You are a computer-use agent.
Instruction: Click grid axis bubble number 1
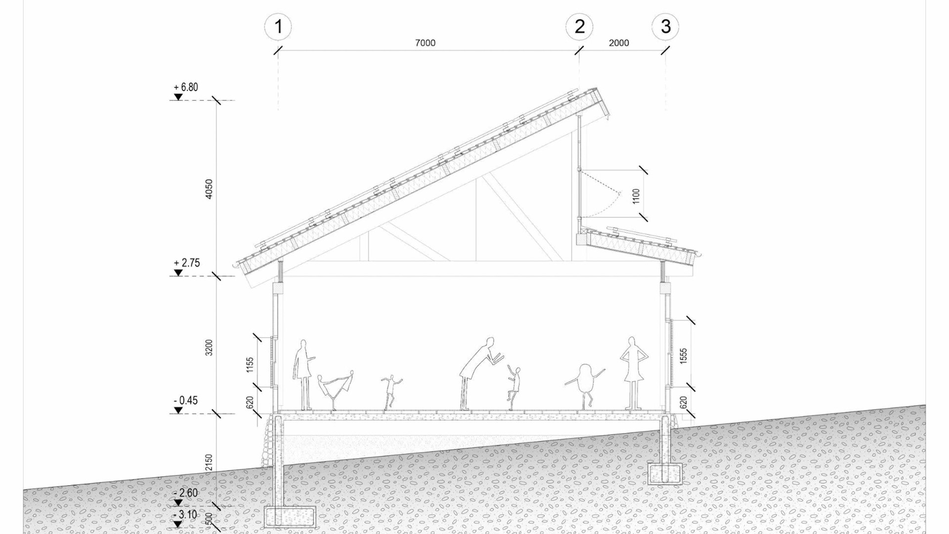pos(278,26)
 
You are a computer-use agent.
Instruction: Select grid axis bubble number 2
pos(579,26)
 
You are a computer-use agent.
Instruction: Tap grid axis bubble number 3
pos(665,26)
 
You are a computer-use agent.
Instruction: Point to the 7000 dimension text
pos(425,43)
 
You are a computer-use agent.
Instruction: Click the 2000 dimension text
pos(619,43)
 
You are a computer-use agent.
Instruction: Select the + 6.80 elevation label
pos(186,88)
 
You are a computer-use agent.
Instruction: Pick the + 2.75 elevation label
pos(187,263)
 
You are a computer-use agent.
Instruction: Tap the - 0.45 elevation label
pos(186,400)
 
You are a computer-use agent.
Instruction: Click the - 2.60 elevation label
pos(186,493)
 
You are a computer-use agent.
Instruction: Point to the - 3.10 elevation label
pos(186,515)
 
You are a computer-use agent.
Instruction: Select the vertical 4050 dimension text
pos(209,189)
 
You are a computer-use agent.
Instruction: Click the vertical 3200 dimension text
pos(209,348)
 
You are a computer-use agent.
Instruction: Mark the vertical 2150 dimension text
pos(209,462)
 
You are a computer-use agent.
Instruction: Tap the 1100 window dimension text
pos(636,196)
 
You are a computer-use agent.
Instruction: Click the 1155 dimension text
pos(250,365)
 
